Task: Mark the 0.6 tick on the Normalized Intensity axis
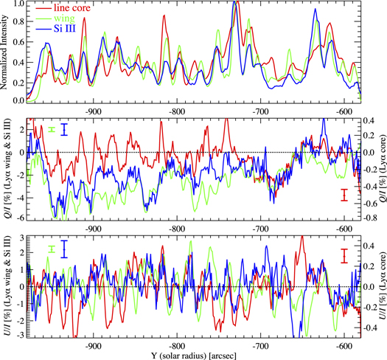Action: click(x=17, y=42)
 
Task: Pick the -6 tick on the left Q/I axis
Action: click(x=19, y=218)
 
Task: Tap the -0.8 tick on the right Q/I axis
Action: click(x=371, y=218)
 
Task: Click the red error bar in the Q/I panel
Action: click(x=344, y=195)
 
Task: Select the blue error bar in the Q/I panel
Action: click(x=65, y=130)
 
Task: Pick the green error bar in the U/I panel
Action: click(x=52, y=249)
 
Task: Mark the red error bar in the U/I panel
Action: click(x=344, y=255)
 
